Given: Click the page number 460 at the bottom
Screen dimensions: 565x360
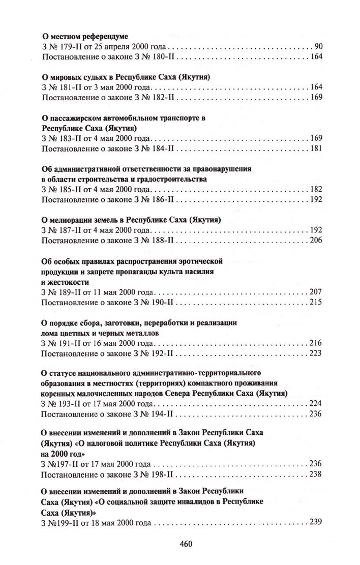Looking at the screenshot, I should [185, 544].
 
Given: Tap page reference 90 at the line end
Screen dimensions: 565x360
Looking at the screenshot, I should [319, 47].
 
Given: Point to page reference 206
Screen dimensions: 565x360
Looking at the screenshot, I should [316, 240].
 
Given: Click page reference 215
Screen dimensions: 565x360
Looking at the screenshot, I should [316, 302].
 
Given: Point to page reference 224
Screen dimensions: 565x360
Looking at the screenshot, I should [316, 404].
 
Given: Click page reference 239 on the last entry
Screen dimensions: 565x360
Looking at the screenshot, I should [316, 522].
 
